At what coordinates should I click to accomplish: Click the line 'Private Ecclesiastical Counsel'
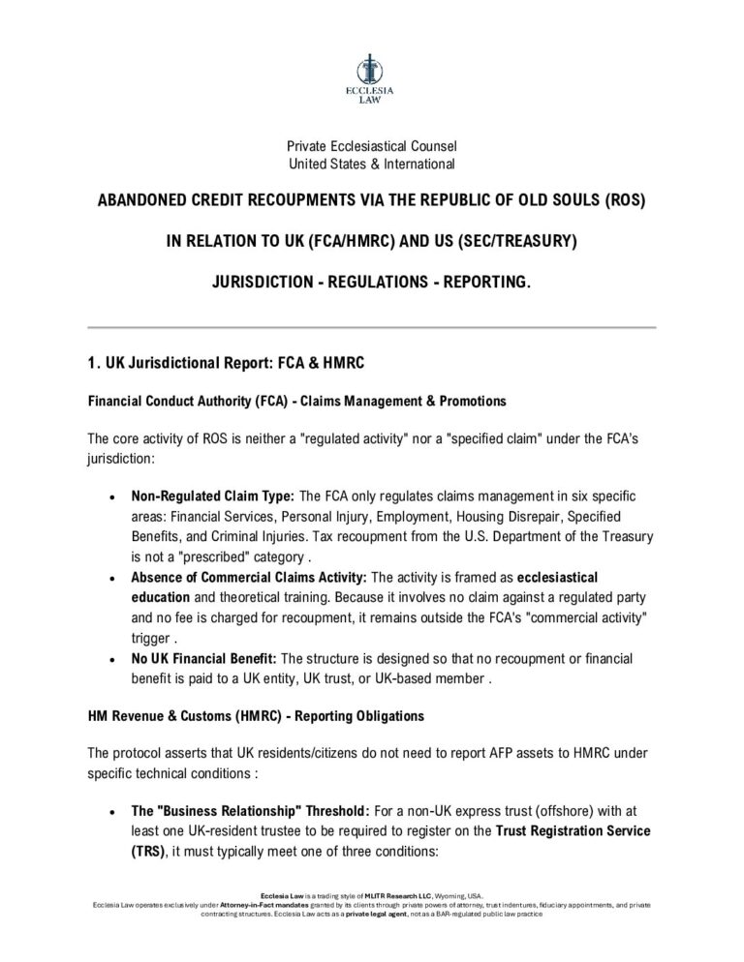tap(371, 146)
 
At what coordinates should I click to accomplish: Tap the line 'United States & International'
tap(371, 163)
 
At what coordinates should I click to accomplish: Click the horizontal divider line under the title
tap(371, 328)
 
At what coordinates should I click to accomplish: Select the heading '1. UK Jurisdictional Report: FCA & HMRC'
tap(226, 364)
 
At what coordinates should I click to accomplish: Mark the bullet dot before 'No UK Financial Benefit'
tap(114, 659)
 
